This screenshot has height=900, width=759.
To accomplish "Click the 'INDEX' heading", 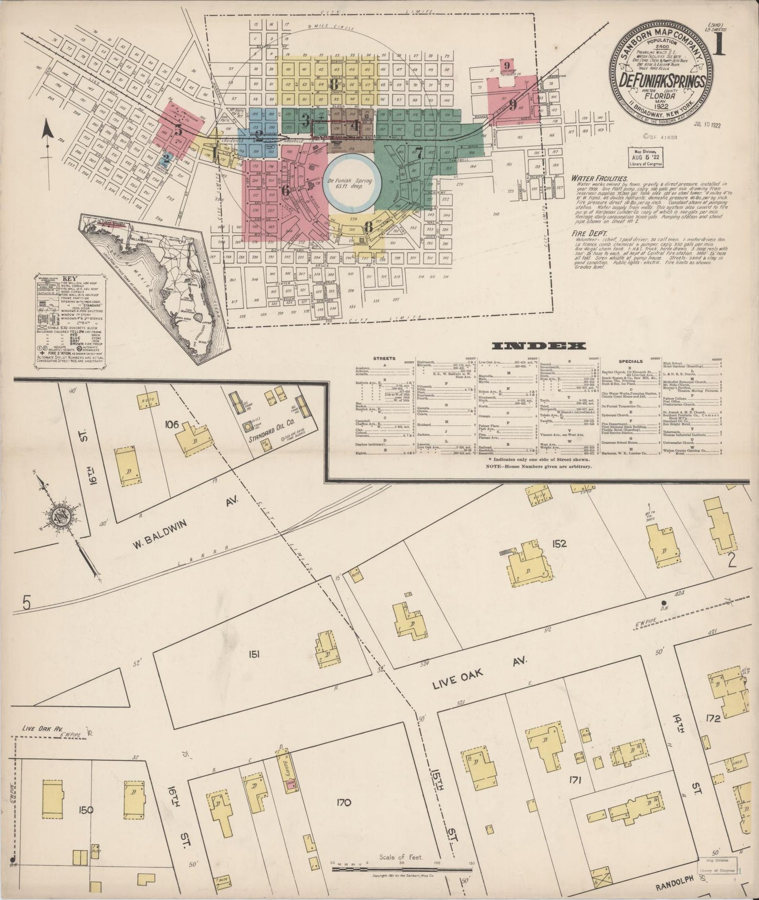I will (x=539, y=346).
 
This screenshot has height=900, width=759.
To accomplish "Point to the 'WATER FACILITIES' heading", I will (x=599, y=179).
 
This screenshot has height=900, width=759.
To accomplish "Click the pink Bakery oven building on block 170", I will (x=289, y=786).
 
